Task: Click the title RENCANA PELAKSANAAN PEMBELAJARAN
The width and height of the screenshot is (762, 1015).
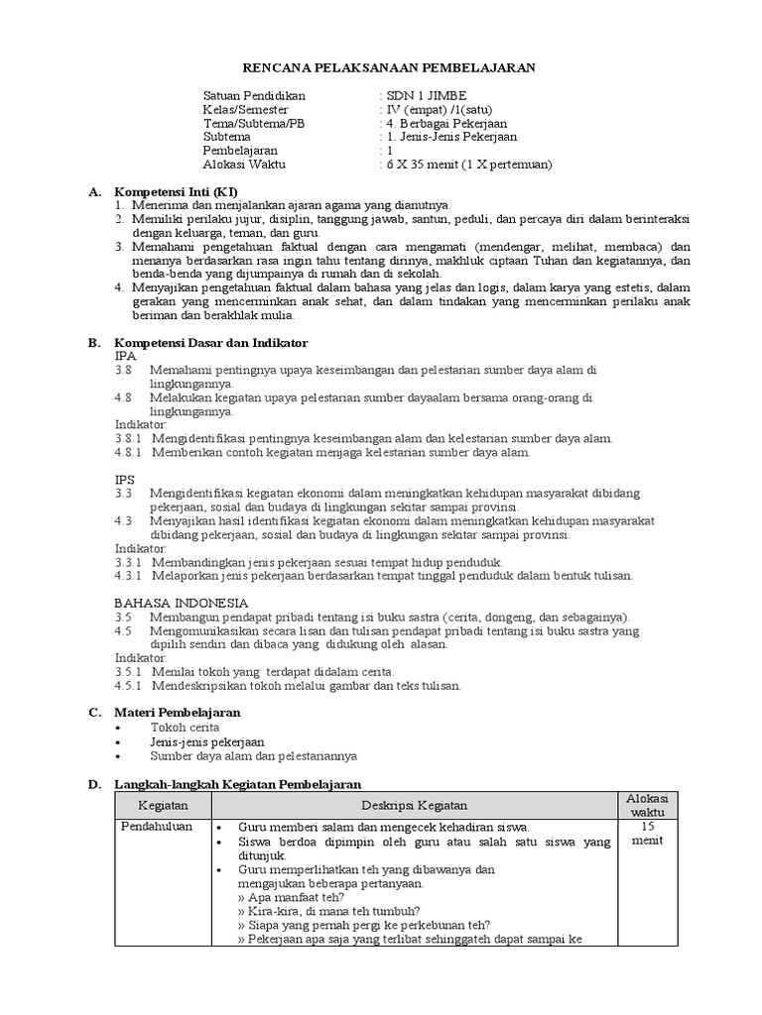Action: (x=389, y=66)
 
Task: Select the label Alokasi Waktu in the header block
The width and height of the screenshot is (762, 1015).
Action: (x=244, y=165)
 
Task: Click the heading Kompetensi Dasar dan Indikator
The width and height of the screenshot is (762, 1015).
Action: (x=211, y=342)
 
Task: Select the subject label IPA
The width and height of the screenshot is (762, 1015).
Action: (x=125, y=355)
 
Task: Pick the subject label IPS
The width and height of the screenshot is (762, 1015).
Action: (x=125, y=479)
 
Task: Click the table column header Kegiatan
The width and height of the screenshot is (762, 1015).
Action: (x=162, y=806)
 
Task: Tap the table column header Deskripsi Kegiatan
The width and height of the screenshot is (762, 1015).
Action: (x=414, y=806)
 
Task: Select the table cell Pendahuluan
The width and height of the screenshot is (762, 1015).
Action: (x=157, y=827)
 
